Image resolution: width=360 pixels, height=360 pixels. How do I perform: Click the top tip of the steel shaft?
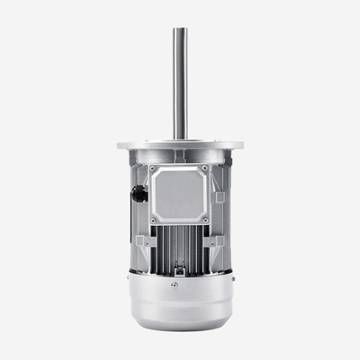tap(180, 30)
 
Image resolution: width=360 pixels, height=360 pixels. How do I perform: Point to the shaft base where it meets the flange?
tap(180, 137)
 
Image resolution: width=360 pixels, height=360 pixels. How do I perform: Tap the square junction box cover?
tap(179, 193)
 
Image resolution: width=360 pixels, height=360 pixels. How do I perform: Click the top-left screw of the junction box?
tap(153, 167)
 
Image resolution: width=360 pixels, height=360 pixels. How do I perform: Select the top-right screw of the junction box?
tap(205, 167)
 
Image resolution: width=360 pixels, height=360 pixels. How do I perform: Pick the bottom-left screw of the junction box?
tap(153, 220)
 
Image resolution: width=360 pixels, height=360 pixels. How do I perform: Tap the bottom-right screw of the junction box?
tap(205, 220)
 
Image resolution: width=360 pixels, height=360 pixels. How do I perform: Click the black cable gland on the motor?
tap(139, 193)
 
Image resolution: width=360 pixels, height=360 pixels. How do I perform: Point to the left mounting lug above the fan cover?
tap(142, 242)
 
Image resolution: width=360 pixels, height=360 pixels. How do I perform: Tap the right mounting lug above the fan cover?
tap(216, 242)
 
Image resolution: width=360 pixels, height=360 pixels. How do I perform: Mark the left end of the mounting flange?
tap(119, 144)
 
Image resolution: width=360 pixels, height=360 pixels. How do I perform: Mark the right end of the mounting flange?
tap(241, 144)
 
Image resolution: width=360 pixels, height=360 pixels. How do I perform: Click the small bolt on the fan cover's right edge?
tap(232, 278)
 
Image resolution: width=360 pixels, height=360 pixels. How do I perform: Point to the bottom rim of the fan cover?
tap(179, 327)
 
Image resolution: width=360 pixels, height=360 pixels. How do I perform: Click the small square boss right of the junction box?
tap(220, 196)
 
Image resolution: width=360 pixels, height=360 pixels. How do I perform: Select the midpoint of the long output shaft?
tap(180, 83)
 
